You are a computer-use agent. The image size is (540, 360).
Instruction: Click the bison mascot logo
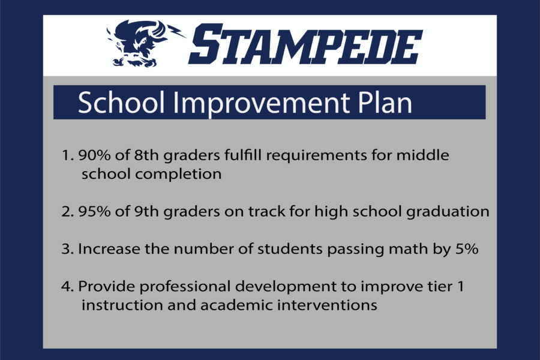coord(145,44)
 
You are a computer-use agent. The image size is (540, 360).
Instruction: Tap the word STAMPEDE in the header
coord(305,44)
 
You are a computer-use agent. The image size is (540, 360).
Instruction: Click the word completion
coord(178,175)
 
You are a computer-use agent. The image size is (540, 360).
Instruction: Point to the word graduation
coord(448,212)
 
